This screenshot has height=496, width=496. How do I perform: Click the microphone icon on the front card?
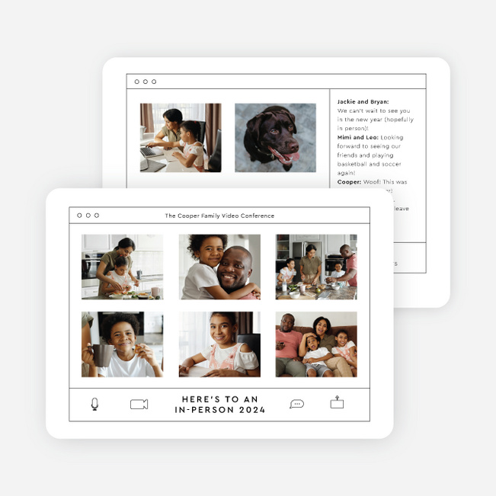coord(94,404)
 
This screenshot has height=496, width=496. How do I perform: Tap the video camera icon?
coord(139,405)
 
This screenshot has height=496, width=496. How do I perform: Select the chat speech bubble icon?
coord(296,404)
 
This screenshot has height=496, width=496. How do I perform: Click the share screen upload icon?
coord(337,403)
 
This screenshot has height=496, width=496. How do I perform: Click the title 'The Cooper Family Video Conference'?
coord(219,216)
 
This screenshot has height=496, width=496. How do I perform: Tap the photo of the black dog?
coord(275,138)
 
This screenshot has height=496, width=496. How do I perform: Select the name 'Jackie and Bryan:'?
coord(363,101)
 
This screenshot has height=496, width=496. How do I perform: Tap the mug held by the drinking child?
coord(103,354)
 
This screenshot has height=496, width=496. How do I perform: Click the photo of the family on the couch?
coord(316,344)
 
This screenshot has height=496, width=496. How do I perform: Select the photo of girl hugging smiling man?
coord(219,267)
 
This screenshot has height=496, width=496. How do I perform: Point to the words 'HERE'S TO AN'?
coord(219,399)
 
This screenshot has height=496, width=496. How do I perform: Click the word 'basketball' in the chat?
coord(354,164)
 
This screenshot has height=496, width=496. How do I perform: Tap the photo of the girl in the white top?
coord(219,344)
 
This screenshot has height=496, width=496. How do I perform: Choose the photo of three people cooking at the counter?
coord(316,267)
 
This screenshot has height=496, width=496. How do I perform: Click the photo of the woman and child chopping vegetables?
coord(122,267)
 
